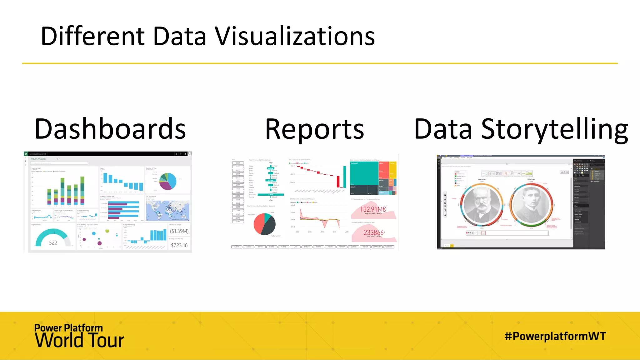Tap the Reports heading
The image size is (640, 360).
tap(314, 129)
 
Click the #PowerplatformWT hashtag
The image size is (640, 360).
tap(555, 336)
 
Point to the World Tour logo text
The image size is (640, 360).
tap(79, 341)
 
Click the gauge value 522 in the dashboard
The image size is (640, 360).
tap(53, 242)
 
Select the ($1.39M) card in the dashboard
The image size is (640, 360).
tap(179, 231)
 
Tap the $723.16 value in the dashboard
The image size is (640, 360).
tap(179, 245)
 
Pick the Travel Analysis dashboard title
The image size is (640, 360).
tap(38, 159)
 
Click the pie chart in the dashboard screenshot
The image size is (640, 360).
tap(168, 181)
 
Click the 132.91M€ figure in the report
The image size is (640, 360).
tap(373, 209)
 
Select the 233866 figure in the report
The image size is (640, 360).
tap(373, 232)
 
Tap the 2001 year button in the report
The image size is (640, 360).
tap(238, 163)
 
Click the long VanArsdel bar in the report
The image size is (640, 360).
tap(271, 195)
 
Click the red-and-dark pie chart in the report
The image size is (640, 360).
tap(264, 224)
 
